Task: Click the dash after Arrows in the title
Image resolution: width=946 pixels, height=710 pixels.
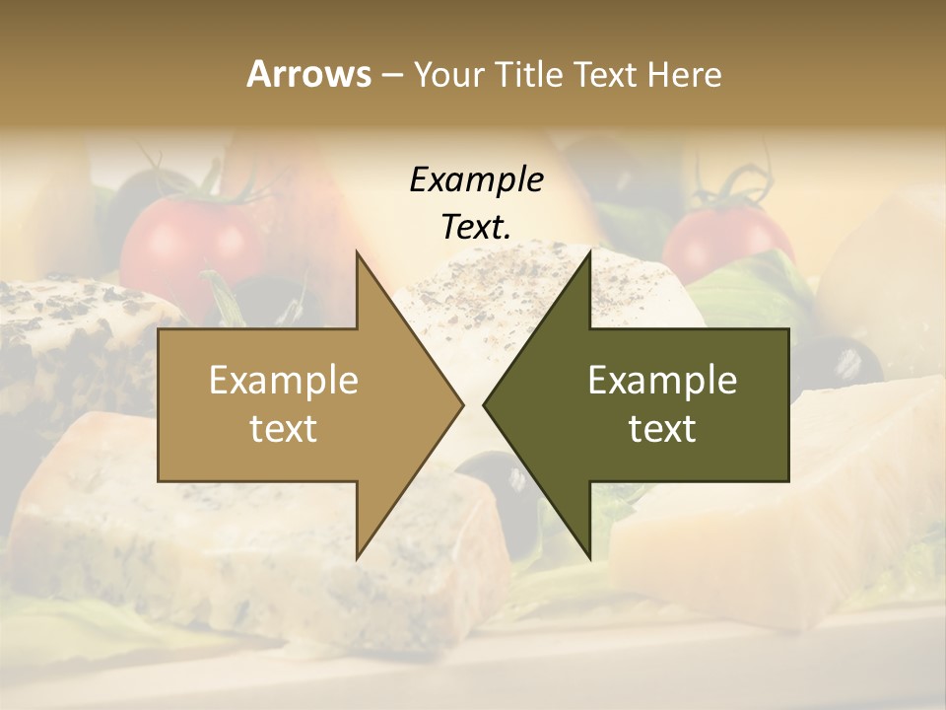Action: pyautogui.click(x=390, y=76)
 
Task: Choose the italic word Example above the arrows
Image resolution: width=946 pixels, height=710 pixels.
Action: pyautogui.click(x=476, y=180)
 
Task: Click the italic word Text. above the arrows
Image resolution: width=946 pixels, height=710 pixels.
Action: pyautogui.click(x=476, y=228)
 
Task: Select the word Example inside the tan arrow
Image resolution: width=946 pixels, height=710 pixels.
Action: pyautogui.click(x=283, y=381)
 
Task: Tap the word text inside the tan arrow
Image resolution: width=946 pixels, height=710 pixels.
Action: pyautogui.click(x=283, y=429)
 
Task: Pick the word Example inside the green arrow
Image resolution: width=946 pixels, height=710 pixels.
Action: pyautogui.click(x=662, y=381)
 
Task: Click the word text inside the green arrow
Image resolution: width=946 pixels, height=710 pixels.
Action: pyautogui.click(x=662, y=429)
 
